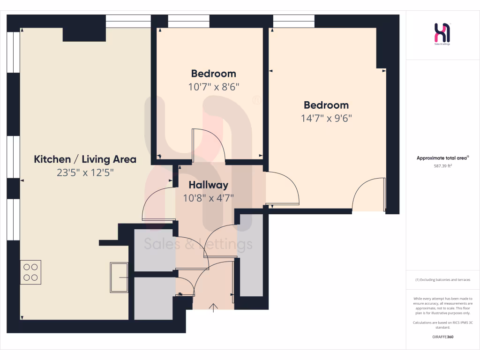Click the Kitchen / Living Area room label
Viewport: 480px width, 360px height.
point(85,159)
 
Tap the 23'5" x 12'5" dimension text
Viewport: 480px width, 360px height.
point(85,172)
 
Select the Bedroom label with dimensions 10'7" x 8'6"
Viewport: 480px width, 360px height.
point(213,74)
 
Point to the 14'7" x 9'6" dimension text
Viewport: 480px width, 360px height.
point(326,118)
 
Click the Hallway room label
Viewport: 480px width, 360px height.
point(208,185)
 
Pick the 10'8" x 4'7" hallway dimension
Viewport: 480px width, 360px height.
point(208,198)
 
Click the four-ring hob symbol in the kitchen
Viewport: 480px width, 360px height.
point(30,272)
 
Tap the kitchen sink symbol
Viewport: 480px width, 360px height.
point(119,277)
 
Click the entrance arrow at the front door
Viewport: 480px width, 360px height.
point(213,307)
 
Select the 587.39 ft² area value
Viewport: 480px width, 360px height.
point(442,165)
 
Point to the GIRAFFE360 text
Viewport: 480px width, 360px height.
point(442,337)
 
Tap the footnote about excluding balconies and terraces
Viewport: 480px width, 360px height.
point(442,280)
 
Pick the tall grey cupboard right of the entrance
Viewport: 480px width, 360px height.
point(252,255)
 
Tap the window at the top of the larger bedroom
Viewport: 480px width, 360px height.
point(294,21)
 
